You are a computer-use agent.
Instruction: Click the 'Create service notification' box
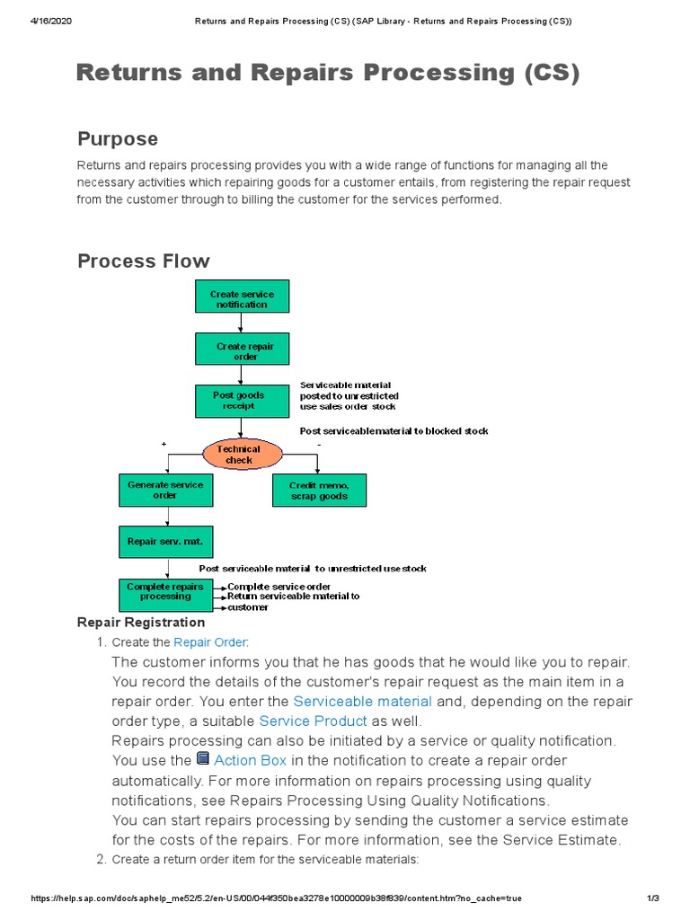pyautogui.click(x=242, y=299)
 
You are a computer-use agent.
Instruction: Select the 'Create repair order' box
pyautogui.click(x=242, y=351)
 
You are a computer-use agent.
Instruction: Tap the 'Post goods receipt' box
pyautogui.click(x=242, y=401)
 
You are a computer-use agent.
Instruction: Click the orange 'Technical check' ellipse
pyautogui.click(x=239, y=455)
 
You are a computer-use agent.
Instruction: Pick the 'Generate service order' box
pyautogui.click(x=165, y=490)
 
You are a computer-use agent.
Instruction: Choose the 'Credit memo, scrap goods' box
pyautogui.click(x=319, y=490)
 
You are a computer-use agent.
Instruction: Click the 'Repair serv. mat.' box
pyautogui.click(x=165, y=542)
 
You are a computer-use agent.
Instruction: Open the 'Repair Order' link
pyautogui.click(x=209, y=642)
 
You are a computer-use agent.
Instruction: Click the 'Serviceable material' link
pyautogui.click(x=363, y=701)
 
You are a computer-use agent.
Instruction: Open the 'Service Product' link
pyautogui.click(x=313, y=721)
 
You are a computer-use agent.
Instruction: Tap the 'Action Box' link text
pyautogui.click(x=251, y=760)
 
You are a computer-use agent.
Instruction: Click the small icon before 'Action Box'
pyautogui.click(x=203, y=759)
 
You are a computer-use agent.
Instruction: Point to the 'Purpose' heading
pyautogui.click(x=118, y=139)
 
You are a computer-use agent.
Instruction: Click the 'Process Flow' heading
pyautogui.click(x=144, y=261)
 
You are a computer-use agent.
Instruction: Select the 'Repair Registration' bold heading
pyautogui.click(x=141, y=623)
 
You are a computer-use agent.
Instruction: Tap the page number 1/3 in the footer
pyautogui.click(x=653, y=898)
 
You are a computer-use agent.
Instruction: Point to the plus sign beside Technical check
pyautogui.click(x=164, y=445)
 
